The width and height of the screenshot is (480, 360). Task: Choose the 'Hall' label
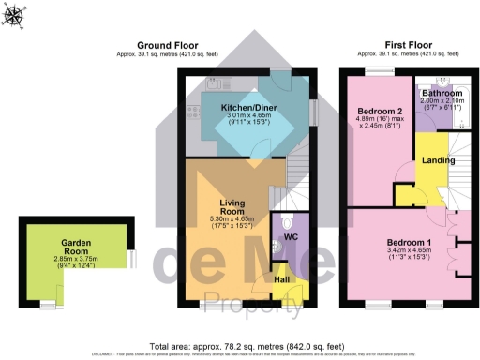coord(280,279)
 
